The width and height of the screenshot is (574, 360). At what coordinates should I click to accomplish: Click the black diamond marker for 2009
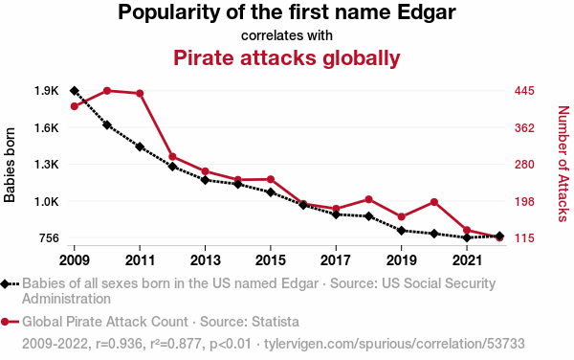coord(75,91)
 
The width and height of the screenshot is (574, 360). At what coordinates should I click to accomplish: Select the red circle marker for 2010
coord(107,91)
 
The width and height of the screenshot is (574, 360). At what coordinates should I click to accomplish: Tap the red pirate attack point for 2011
coord(140,94)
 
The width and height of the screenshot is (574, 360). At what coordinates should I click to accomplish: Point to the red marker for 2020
coord(434,202)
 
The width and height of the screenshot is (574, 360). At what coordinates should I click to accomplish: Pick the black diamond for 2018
coord(368,216)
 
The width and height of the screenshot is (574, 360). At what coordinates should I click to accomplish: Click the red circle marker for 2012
coord(172,157)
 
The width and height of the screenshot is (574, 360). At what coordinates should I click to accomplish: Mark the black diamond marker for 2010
coord(107,124)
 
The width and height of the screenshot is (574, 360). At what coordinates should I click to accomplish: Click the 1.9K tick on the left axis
coord(47,91)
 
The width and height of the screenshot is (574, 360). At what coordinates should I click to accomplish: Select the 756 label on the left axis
coord(49,238)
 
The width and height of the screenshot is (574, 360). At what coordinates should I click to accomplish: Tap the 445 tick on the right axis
coord(524,91)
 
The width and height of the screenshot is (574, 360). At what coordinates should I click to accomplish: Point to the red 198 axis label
coord(524,201)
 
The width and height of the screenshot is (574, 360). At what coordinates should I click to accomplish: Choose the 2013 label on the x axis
coord(205,260)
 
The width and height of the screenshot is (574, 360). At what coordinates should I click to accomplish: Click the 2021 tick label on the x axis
coord(467,260)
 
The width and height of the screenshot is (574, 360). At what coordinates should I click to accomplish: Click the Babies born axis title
coord(10,165)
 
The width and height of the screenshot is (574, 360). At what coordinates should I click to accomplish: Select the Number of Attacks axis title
coord(563,164)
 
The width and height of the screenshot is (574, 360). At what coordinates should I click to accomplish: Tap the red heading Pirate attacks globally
coord(287,57)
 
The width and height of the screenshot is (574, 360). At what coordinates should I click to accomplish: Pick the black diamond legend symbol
coord(5,283)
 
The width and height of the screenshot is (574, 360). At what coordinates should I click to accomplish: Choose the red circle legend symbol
coord(5,322)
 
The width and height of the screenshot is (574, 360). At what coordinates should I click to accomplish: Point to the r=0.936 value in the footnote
coord(119,344)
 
